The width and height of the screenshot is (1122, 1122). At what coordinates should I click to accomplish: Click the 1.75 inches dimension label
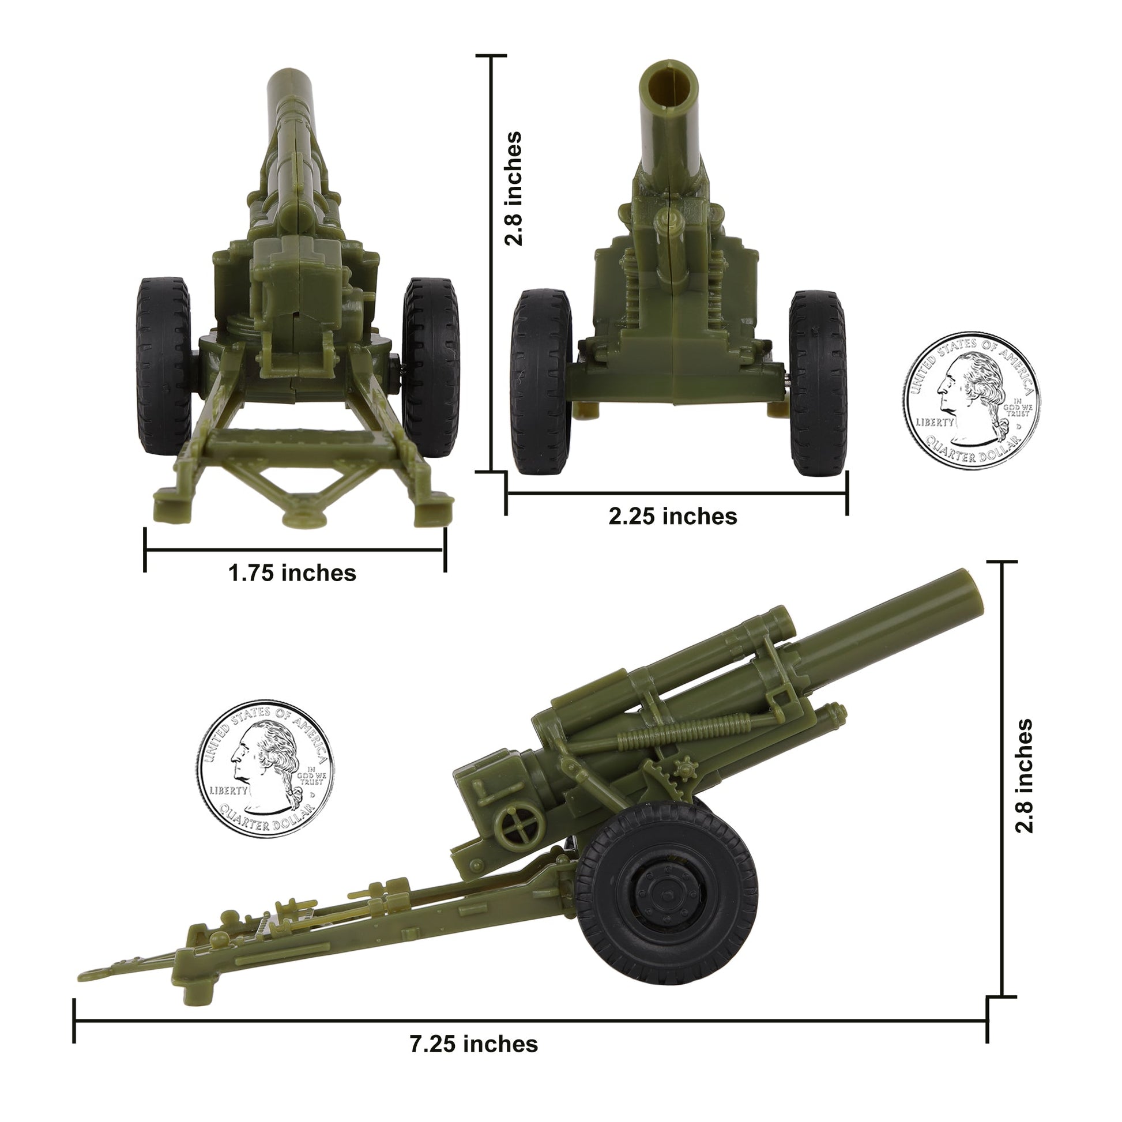click(292, 573)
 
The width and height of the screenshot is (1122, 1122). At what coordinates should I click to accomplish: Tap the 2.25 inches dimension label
click(672, 516)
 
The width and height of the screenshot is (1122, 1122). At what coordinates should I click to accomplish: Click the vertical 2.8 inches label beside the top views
click(513, 189)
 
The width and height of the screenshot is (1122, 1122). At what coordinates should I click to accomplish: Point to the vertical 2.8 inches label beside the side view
click(1025, 776)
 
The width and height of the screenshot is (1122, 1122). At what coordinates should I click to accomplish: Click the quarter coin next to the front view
click(972, 401)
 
